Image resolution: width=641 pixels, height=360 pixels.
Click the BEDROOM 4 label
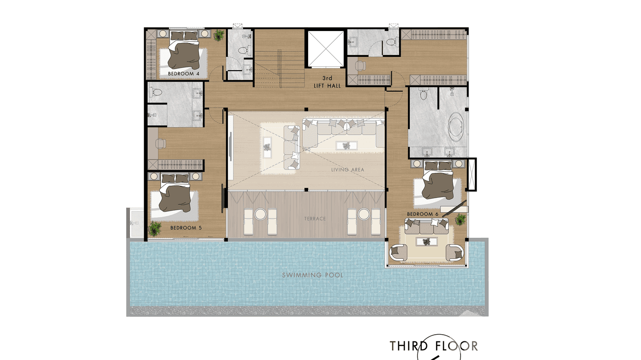pos(183,74)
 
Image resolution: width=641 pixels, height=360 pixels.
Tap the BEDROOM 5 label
pos(186,228)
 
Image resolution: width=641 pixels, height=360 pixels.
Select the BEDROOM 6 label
pos(423,214)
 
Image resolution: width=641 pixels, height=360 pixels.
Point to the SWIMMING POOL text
pos(312,275)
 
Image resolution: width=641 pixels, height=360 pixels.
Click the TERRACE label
pos(315,219)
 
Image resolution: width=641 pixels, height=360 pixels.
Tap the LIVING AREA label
pos(348,169)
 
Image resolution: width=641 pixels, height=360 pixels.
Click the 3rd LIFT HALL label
pos(327,82)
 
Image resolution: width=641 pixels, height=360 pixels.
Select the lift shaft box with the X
pos(326,49)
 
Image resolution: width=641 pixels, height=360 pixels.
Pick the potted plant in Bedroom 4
pos(219,35)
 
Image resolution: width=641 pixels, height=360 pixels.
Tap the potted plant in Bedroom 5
pos(155,229)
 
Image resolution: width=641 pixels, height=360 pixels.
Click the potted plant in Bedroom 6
pos(460,220)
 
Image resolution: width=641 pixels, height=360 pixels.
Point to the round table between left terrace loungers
pos(260,214)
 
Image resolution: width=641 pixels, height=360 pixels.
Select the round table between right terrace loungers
pos(363,214)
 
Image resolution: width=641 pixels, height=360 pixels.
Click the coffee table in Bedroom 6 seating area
pos(427,242)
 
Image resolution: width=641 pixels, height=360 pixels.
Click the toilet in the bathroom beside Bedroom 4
pos(243,51)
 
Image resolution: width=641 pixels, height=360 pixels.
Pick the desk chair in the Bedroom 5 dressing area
pos(161,144)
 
